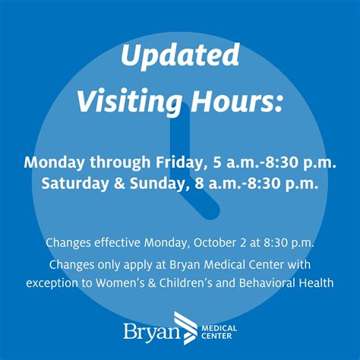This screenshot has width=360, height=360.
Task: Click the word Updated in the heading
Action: point(179,55)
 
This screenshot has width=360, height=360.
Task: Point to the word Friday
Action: point(174,163)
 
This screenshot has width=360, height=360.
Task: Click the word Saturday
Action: point(77,183)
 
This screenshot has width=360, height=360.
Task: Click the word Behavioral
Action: point(270,283)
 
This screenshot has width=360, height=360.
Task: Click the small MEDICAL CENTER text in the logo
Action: point(219,333)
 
